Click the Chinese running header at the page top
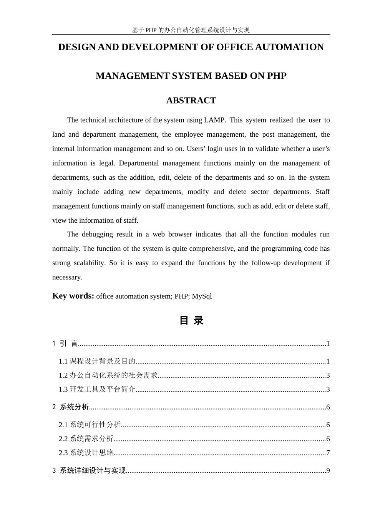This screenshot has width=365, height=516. click(x=191, y=30)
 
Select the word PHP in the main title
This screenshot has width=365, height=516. click(x=277, y=76)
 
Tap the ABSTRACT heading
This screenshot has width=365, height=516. click(x=191, y=101)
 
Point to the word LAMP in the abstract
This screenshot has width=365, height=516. click(x=214, y=120)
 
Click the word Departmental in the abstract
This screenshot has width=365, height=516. click(x=139, y=163)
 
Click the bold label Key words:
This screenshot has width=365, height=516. click(x=73, y=296)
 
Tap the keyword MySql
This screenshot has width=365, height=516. click(x=202, y=296)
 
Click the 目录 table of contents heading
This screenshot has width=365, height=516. click(x=191, y=321)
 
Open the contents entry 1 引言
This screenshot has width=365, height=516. click(x=65, y=344)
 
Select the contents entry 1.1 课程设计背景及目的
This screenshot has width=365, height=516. click(x=97, y=361)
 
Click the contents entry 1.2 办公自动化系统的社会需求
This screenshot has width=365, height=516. click(x=108, y=375)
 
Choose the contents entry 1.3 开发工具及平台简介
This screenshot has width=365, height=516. click(x=97, y=389)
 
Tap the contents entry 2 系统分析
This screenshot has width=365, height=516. click(x=71, y=407)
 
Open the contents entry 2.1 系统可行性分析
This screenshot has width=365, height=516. click(x=90, y=425)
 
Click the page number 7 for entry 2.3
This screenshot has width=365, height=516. click(x=328, y=453)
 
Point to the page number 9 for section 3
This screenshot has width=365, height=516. click(x=328, y=471)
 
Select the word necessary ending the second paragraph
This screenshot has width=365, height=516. click(x=67, y=278)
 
